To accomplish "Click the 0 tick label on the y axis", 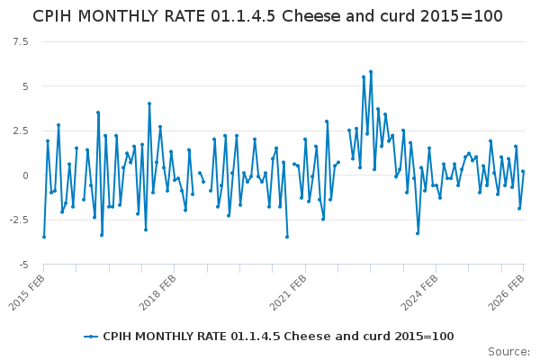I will (x=25, y=175).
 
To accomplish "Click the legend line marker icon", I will (x=91, y=336).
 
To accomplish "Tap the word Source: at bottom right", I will (x=509, y=351).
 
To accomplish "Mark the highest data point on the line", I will (x=371, y=72).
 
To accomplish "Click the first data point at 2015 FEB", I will (x=44, y=237).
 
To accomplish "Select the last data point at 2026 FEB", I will (x=523, y=172).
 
